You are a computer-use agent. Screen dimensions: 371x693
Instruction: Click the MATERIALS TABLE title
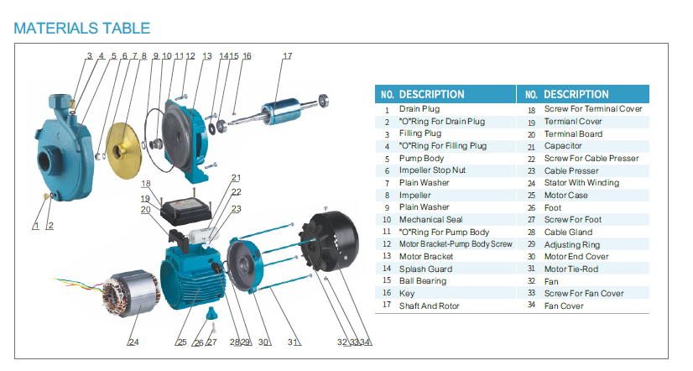click(82, 28)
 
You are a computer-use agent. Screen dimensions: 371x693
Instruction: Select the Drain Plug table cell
click(419, 109)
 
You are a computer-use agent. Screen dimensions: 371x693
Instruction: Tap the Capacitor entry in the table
click(564, 146)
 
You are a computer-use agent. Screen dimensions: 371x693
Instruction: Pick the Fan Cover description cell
click(564, 306)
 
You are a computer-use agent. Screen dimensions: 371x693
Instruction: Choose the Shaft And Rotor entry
click(430, 306)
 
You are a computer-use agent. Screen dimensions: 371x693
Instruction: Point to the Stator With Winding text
click(581, 183)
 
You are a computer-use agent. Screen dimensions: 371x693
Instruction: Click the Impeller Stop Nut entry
click(432, 170)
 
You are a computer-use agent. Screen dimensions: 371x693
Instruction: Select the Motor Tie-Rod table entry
click(572, 269)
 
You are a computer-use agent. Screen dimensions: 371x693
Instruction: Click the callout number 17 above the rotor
click(287, 56)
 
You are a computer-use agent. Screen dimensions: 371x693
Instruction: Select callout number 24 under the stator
click(133, 342)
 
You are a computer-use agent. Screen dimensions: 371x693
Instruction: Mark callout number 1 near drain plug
click(36, 226)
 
